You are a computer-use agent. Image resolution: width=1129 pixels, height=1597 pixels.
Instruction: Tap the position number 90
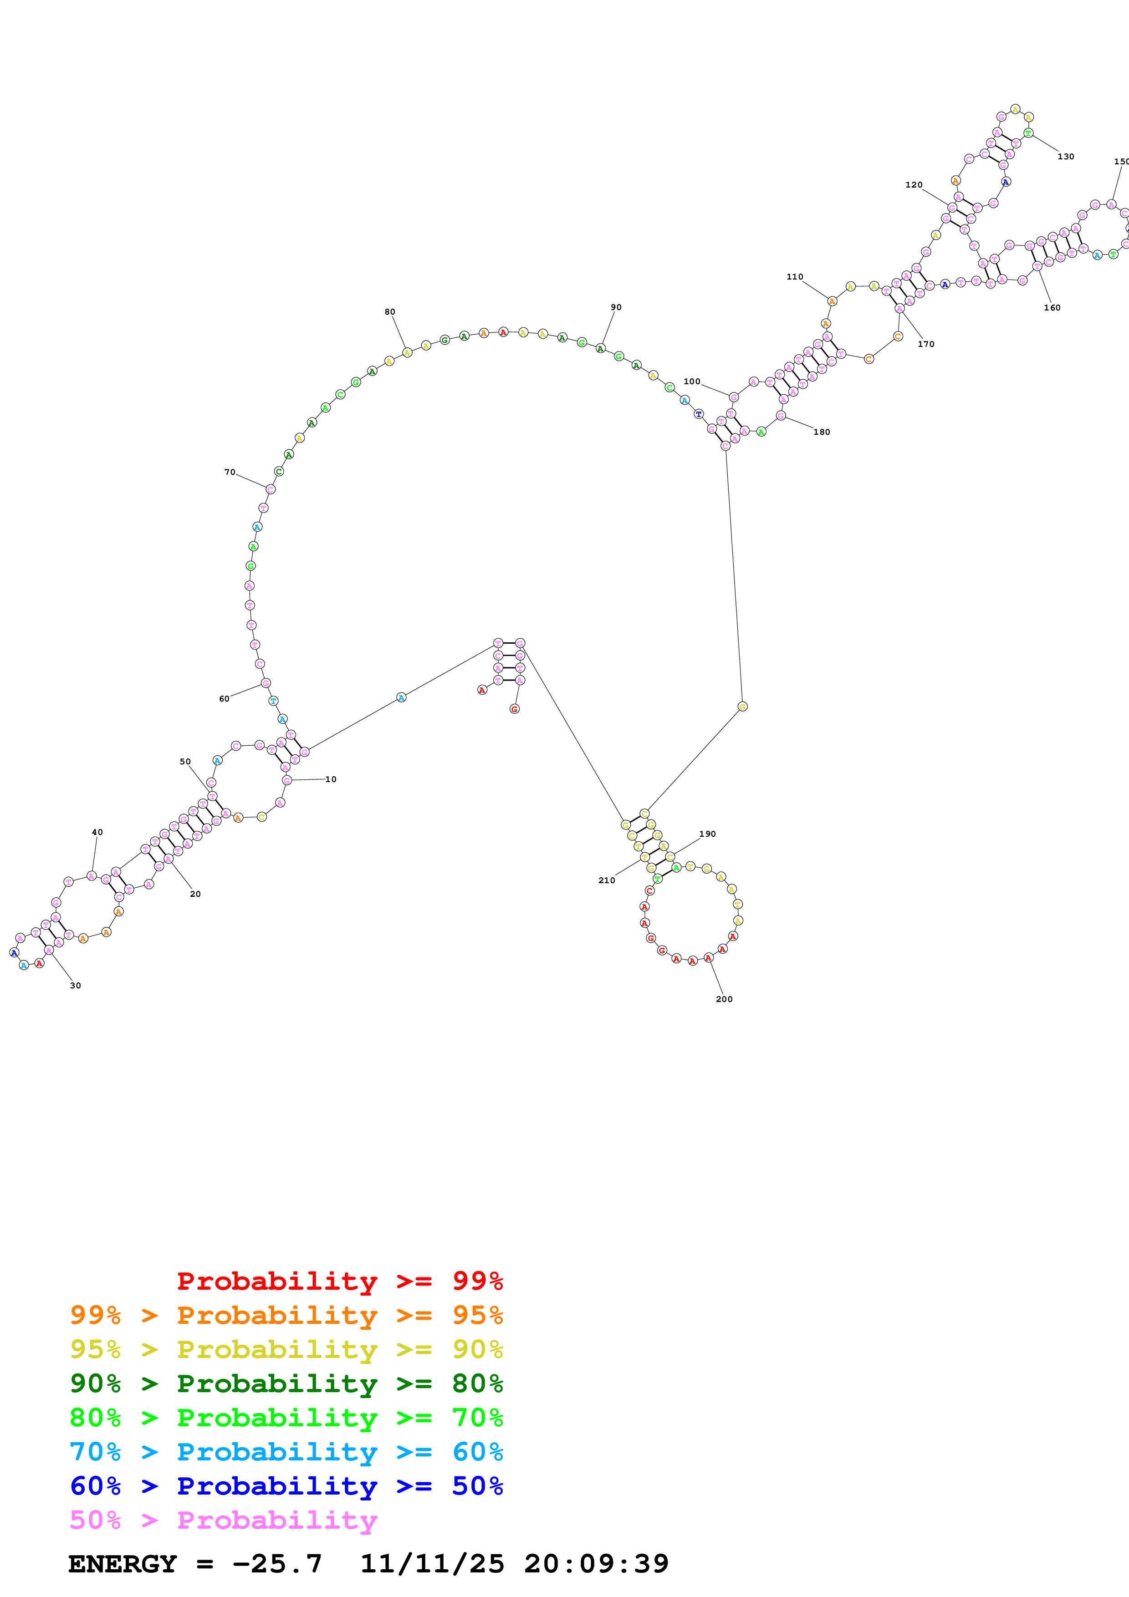click(x=616, y=307)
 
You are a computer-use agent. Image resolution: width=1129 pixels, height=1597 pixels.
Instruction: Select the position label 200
click(x=724, y=999)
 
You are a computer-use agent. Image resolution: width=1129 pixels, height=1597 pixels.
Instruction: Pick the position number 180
click(x=822, y=432)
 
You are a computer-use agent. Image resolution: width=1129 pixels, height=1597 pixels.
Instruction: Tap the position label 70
click(x=230, y=472)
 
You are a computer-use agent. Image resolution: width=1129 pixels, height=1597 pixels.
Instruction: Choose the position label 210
click(x=607, y=880)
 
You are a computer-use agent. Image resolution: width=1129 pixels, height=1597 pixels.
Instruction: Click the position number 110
click(x=794, y=276)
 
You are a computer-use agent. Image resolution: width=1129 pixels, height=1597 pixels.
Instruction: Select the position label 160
click(x=1052, y=307)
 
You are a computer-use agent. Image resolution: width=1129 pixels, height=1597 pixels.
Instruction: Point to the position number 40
click(x=97, y=832)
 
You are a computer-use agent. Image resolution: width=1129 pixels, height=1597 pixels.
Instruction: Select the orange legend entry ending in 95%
click(x=286, y=1315)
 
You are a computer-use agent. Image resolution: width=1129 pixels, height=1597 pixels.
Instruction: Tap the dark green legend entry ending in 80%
click(x=286, y=1383)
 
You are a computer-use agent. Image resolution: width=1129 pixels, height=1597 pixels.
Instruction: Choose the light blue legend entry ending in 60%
click(x=286, y=1452)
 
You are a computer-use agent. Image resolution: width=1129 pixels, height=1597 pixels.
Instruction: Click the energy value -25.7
click(x=277, y=1564)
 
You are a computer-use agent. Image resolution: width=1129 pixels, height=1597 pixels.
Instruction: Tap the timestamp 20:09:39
click(x=596, y=1564)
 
